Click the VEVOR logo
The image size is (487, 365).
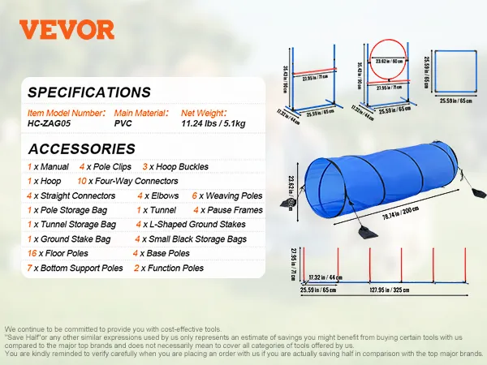point(67,31)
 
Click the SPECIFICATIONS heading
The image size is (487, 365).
point(88,92)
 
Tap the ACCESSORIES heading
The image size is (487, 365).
point(81,148)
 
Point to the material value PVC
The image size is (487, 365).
point(123,125)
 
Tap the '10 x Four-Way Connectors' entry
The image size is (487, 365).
point(127,181)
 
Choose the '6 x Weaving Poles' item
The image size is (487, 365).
point(227,195)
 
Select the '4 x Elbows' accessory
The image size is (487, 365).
point(158,195)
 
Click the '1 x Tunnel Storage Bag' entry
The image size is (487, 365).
point(71,224)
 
